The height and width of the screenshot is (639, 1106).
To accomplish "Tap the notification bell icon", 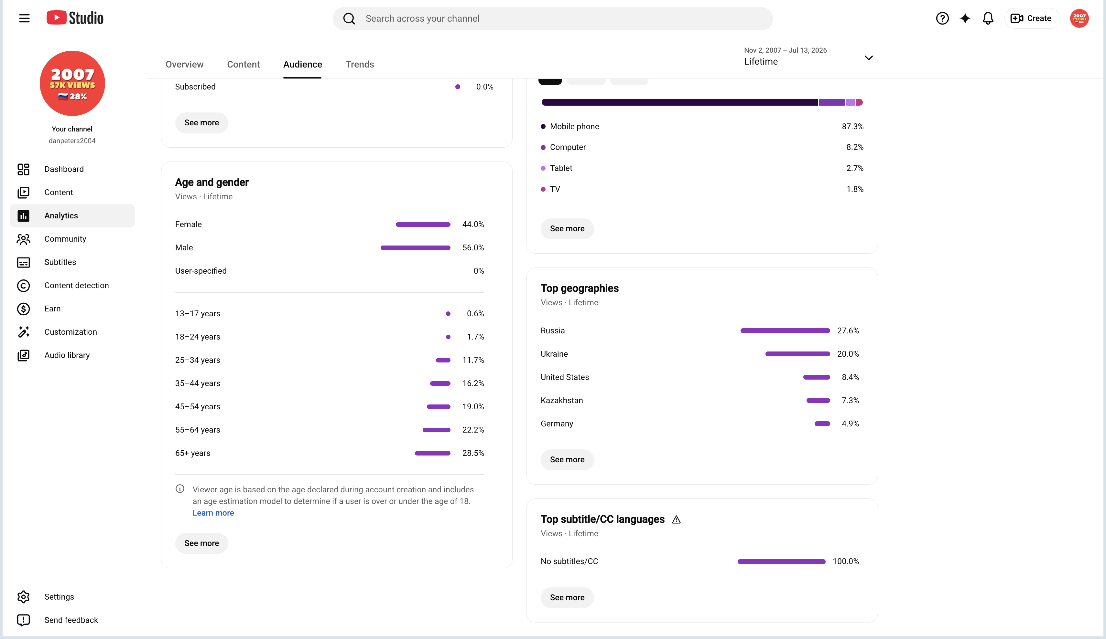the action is click(988, 18).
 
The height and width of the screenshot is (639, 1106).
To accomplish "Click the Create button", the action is click(1031, 18).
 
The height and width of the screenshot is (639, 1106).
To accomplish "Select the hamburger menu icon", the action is click(24, 18).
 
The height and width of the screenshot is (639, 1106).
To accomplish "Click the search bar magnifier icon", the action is click(349, 18).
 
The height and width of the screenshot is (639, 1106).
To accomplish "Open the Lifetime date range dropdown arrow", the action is click(868, 58).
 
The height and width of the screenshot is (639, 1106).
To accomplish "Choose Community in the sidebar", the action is click(65, 239).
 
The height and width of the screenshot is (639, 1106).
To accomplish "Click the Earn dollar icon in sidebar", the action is click(23, 309).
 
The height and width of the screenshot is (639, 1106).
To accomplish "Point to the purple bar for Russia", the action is click(785, 331).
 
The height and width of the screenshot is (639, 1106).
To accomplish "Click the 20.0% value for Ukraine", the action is click(848, 354).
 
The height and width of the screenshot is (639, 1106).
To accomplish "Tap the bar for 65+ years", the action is click(432, 453).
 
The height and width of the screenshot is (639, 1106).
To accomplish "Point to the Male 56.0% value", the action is click(473, 247).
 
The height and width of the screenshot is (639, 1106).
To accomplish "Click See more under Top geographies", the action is click(567, 460).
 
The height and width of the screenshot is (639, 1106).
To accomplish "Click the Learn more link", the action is click(213, 513).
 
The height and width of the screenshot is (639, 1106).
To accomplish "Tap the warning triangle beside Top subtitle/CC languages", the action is click(676, 520).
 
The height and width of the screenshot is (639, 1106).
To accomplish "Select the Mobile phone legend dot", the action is click(543, 126).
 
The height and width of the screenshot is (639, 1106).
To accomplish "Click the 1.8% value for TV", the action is click(854, 189).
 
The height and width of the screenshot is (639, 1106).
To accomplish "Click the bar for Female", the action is click(423, 224).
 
